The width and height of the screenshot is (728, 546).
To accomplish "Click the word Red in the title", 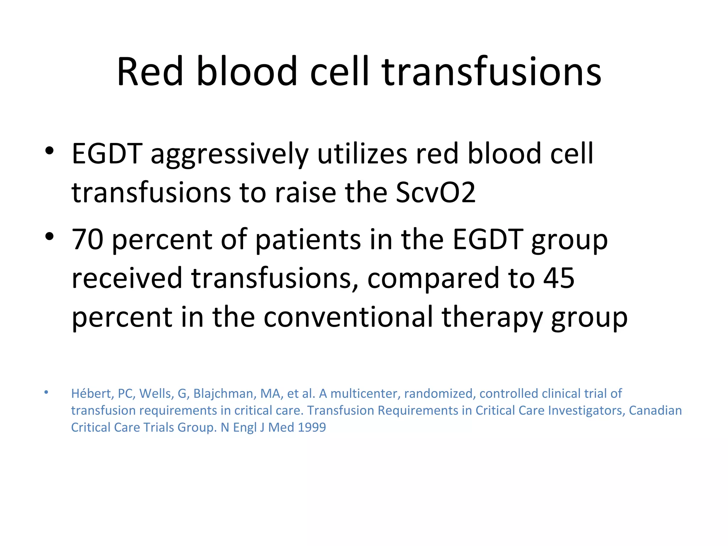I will pos(150,72).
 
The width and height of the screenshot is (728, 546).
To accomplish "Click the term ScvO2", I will pos(435,193).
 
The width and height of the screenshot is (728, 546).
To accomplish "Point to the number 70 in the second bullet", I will pos(87,240).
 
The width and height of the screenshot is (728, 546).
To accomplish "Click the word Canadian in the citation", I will pos(655,411).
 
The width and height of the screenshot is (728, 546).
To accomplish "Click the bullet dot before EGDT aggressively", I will pos(49,151).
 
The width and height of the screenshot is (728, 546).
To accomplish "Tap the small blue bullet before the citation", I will pos(46,392).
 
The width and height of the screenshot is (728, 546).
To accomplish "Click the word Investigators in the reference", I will pos(586,411).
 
